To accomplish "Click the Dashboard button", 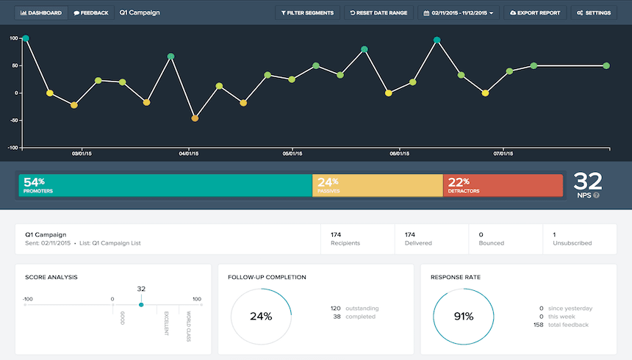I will [41, 12].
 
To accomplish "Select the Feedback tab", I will [91, 12].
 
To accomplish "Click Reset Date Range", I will [378, 12].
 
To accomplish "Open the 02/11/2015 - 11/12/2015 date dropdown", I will [458, 12].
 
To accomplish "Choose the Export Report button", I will [535, 12].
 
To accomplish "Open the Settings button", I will [595, 12].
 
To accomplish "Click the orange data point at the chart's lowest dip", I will [195, 118].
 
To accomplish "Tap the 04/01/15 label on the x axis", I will [189, 154].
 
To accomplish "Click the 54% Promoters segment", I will [165, 185].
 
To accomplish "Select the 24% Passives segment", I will [377, 185].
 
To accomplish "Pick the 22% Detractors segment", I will [503, 185].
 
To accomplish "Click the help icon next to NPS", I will [596, 195].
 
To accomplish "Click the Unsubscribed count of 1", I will [554, 234].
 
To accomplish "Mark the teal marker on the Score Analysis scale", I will [141, 304].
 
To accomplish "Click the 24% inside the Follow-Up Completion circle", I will [261, 317].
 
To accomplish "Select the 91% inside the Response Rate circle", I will [463, 317].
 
